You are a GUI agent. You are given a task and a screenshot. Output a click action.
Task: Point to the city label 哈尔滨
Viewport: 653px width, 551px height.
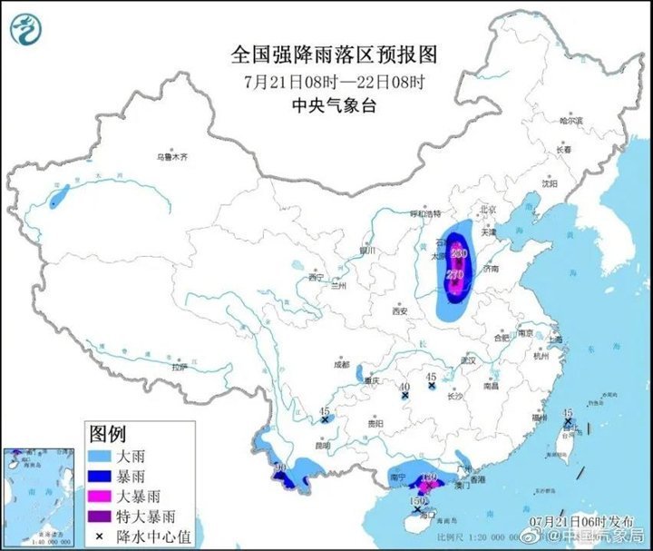click(572, 120)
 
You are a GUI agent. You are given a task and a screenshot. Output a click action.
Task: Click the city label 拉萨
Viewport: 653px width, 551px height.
click(180, 367)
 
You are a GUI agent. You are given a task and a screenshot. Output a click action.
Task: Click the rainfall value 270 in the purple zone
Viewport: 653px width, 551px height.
click(456, 274)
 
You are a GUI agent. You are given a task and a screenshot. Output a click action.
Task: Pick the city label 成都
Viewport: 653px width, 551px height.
click(341, 364)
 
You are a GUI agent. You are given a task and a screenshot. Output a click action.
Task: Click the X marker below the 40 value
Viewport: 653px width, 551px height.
click(405, 397)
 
